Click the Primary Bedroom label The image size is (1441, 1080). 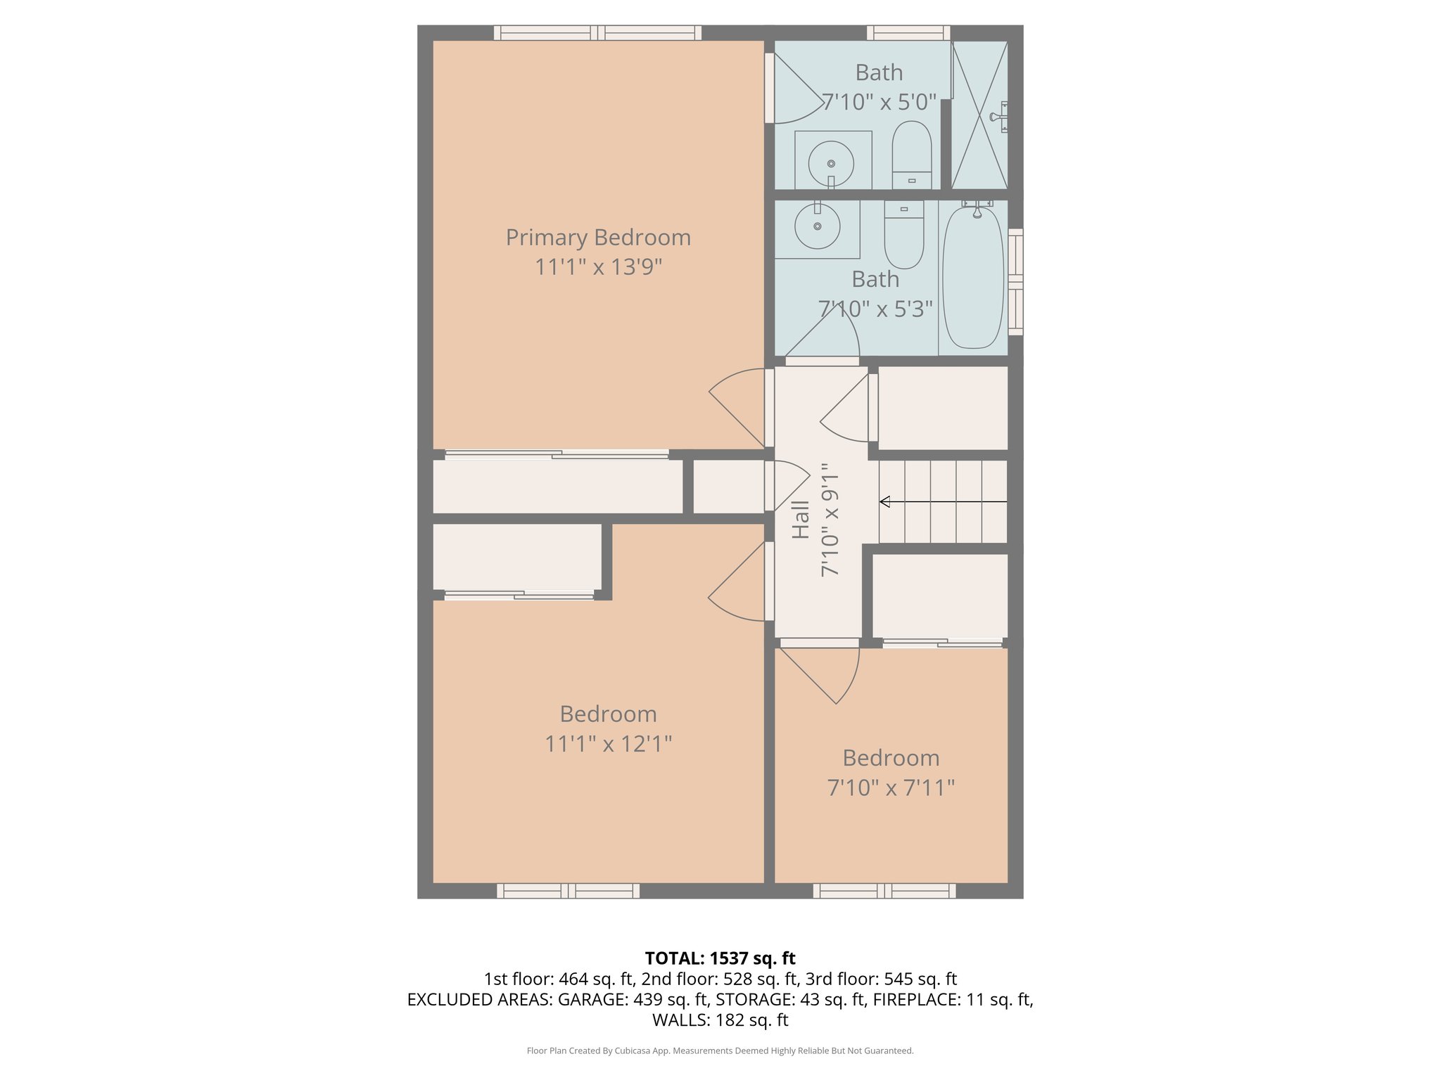(598, 238)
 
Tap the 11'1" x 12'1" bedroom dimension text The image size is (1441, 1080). (608, 744)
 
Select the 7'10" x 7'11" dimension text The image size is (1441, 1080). (891, 787)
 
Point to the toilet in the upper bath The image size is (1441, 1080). (912, 155)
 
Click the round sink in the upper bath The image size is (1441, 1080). (831, 163)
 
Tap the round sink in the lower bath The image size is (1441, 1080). (818, 226)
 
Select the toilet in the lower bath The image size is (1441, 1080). (903, 236)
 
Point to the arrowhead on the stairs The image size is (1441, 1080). (885, 501)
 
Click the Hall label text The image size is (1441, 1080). (801, 520)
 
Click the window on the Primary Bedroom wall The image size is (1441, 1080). (597, 32)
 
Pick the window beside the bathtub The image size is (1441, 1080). (1015, 281)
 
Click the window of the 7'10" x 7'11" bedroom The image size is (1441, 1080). (884, 891)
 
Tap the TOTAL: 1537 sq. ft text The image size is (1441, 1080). (720, 958)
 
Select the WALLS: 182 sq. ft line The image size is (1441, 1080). (720, 1020)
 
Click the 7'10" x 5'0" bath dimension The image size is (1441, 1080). (880, 103)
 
